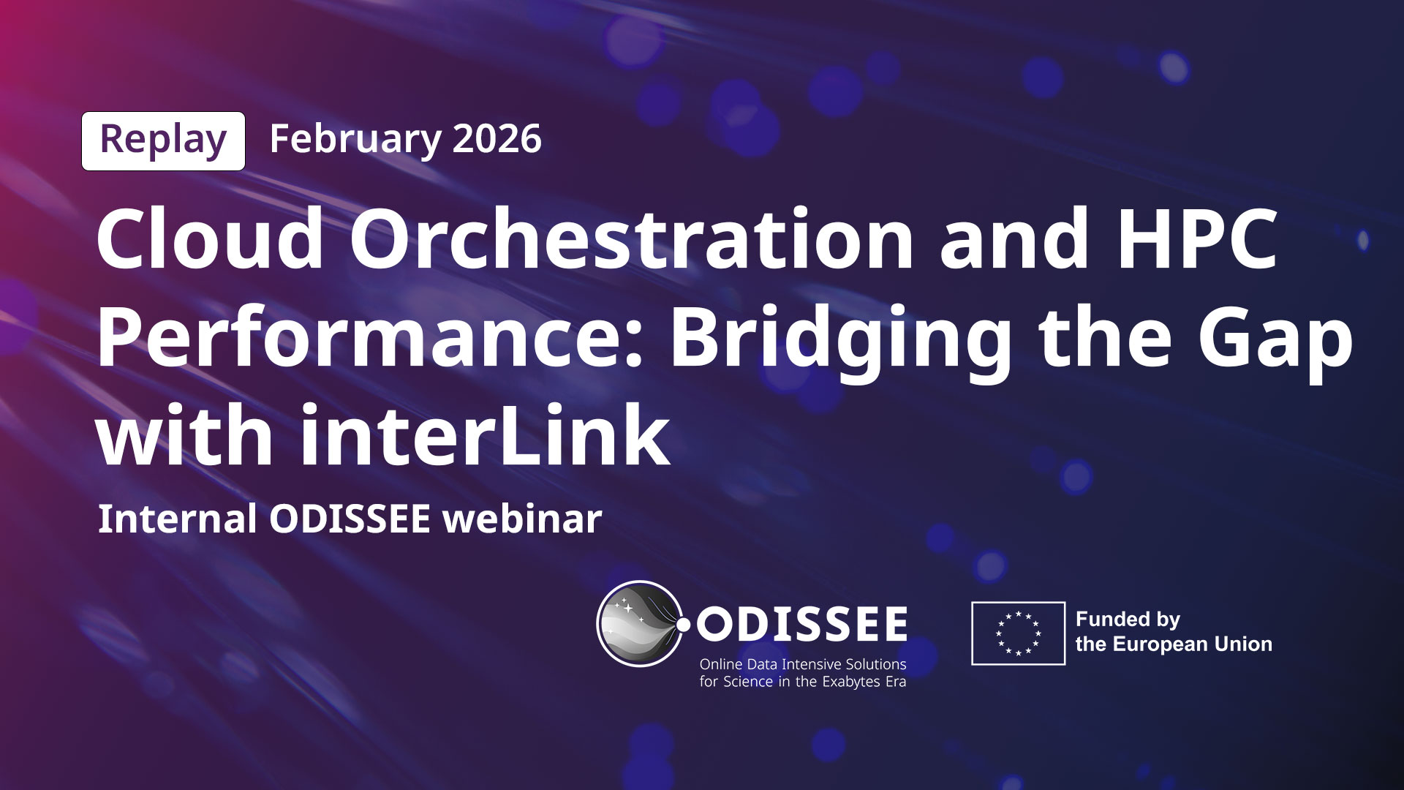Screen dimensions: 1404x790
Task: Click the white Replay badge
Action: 163,141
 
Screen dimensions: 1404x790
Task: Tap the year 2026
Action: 497,139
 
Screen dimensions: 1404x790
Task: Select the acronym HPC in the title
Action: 1197,238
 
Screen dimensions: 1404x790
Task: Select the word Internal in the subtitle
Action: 177,519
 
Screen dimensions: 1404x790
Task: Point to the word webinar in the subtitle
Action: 523,519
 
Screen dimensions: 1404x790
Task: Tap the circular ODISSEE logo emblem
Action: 641,624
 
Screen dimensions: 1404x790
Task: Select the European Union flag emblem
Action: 1018,633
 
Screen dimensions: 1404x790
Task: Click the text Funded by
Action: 1128,620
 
